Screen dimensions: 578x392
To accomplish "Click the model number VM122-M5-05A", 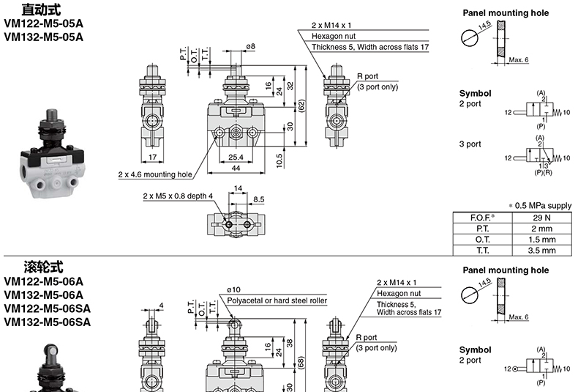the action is tap(44, 23).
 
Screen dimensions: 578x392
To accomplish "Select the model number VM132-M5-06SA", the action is tap(47, 322).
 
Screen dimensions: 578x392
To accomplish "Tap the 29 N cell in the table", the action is tap(541, 218).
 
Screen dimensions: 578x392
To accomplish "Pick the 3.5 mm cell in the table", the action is tap(541, 251).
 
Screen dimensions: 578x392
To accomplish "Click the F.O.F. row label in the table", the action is tap(482, 218).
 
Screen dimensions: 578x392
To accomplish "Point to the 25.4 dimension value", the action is tap(236, 158).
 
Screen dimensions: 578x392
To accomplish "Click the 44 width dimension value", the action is tap(236, 169).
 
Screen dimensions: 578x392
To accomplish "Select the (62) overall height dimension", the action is tap(301, 106).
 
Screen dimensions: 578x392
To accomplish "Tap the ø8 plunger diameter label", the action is tap(251, 46).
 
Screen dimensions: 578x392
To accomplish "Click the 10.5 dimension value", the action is tap(279, 161).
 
